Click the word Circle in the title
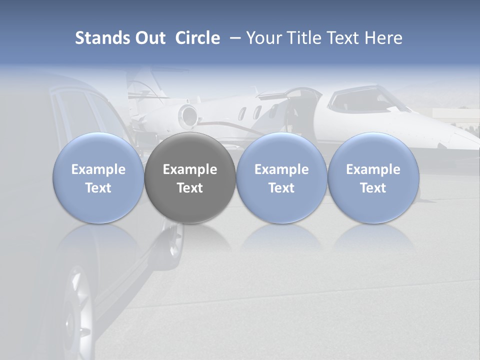coord(197,38)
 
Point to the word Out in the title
coord(149,38)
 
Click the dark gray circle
coord(190,178)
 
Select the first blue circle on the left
coord(98,178)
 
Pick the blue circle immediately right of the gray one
coord(281,178)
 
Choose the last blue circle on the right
coord(373,178)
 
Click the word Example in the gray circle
coord(190,169)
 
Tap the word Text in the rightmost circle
coord(373,188)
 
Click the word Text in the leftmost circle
coord(98,188)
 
